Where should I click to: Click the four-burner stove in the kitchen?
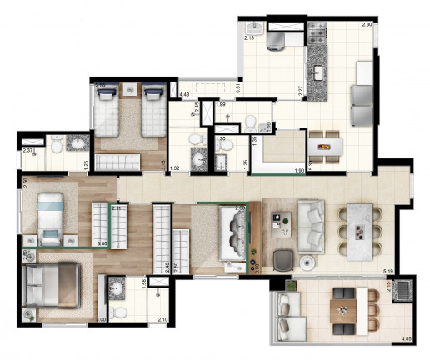317,32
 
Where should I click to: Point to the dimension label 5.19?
387,272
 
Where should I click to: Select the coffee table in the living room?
279,222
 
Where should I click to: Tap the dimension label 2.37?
28,151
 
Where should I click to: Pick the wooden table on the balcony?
342,310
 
